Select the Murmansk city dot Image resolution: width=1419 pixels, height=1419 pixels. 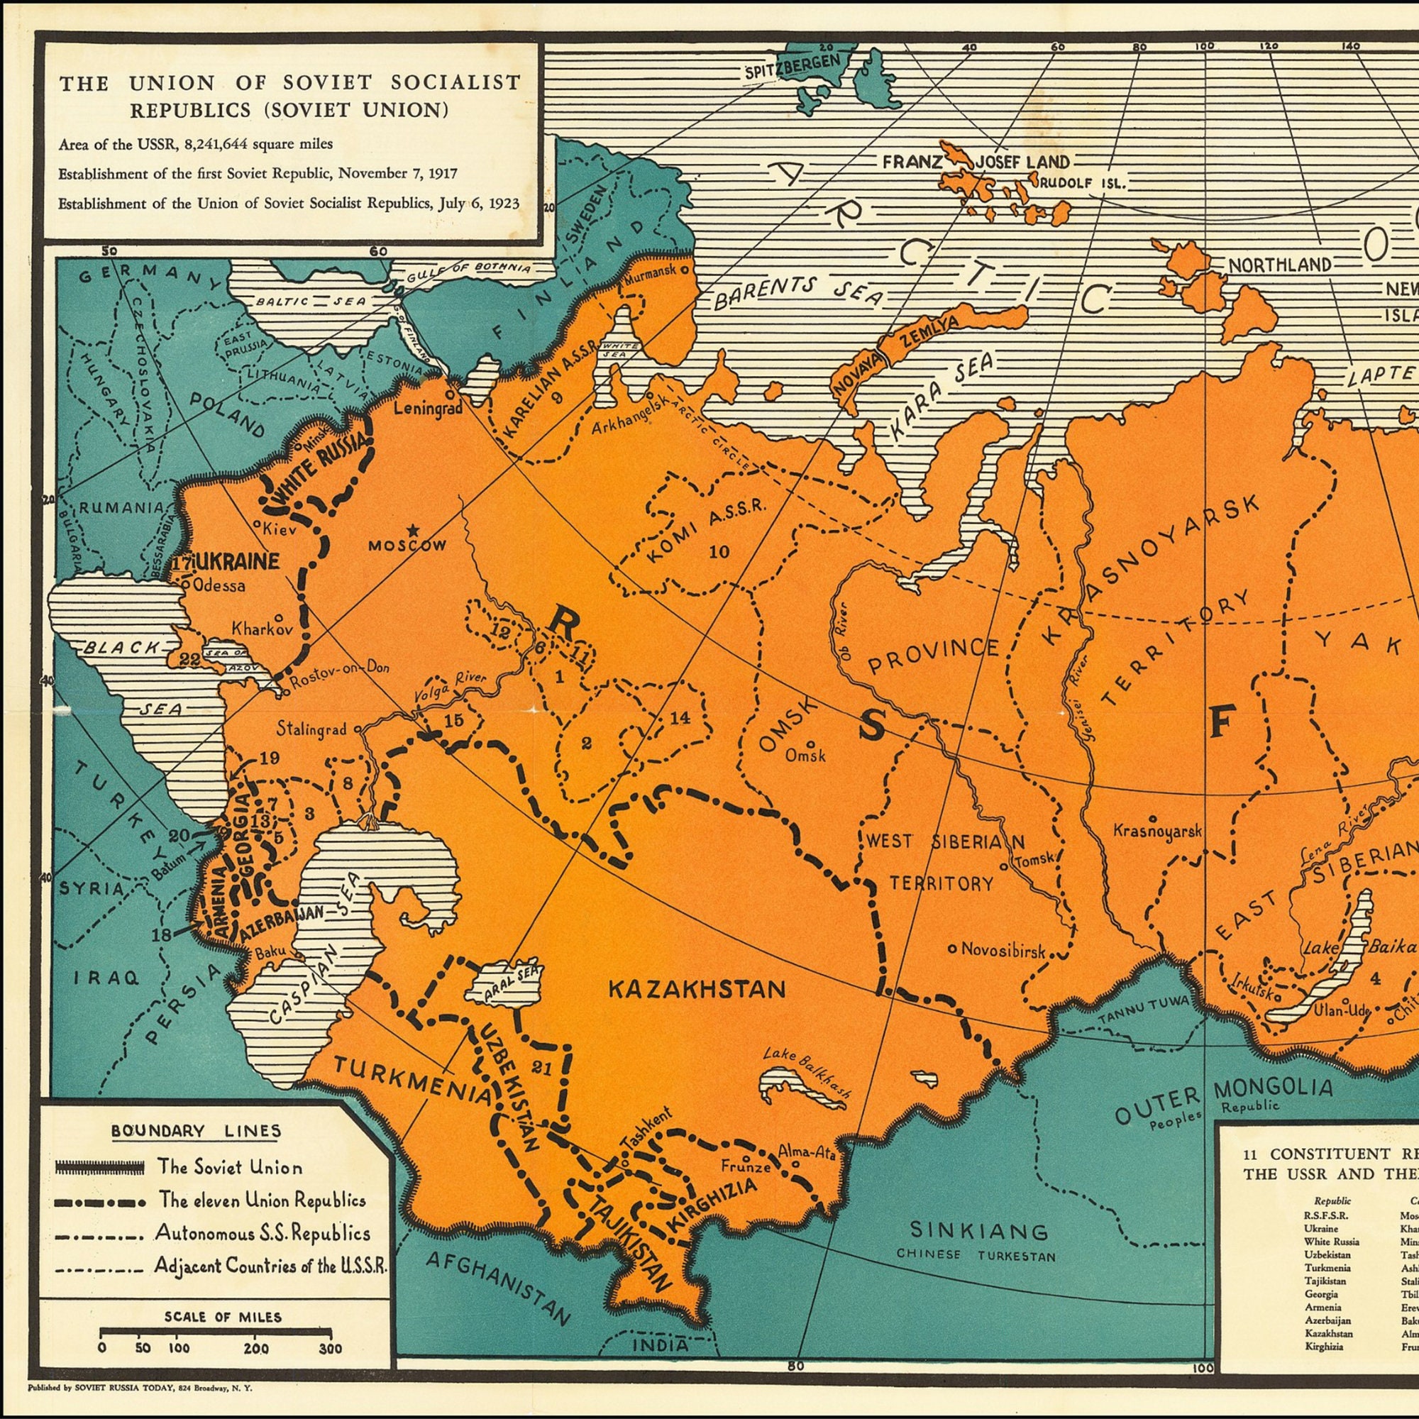(685, 270)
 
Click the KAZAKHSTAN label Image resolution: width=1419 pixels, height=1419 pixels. (697, 989)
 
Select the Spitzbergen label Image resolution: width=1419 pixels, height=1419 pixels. (790, 67)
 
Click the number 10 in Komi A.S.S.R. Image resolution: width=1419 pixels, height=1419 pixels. (719, 551)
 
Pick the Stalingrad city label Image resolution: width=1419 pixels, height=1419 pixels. (311, 729)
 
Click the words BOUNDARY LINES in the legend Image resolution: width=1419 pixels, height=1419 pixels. (196, 1130)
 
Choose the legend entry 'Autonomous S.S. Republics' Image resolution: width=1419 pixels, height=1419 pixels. (262, 1233)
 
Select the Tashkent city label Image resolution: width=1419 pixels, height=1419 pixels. (646, 1147)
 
